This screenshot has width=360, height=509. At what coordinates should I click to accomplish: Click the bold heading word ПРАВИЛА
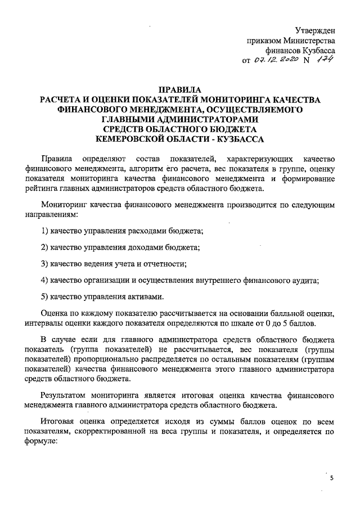click(179, 89)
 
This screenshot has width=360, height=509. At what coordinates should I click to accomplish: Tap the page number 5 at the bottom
click(331, 478)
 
